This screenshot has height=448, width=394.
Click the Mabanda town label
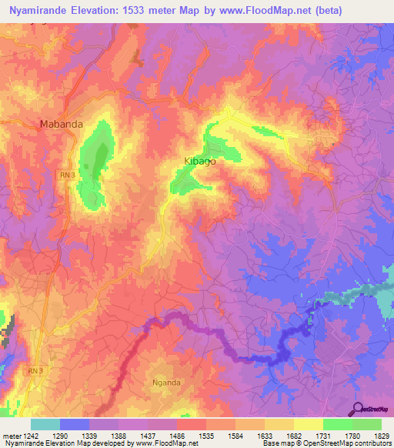[61, 123]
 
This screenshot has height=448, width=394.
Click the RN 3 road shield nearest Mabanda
[68, 176]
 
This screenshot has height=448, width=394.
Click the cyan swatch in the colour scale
[45, 424]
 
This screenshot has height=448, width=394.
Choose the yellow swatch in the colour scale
[308, 424]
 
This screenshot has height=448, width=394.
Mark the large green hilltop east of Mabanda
[96, 162]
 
